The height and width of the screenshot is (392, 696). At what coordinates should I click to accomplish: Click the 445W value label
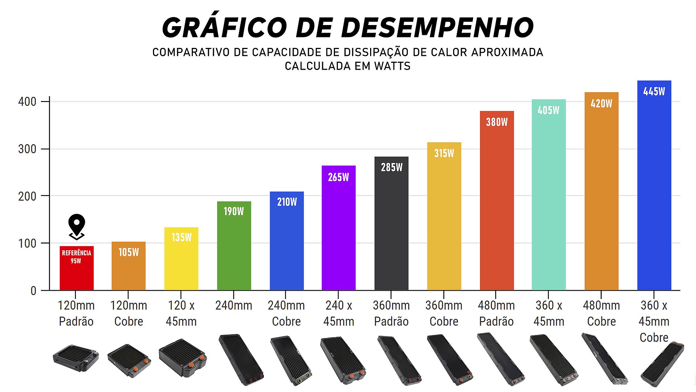pyautogui.click(x=654, y=91)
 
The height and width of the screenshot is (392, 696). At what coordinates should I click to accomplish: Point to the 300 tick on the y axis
pyautogui.click(x=27, y=149)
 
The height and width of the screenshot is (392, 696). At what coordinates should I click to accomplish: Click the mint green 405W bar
pyautogui.click(x=548, y=200)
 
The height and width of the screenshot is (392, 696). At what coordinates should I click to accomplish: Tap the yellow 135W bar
pyautogui.click(x=181, y=261)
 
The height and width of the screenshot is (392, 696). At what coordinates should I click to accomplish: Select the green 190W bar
pyautogui.click(x=234, y=250)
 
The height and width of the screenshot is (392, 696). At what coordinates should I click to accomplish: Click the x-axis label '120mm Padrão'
pyautogui.click(x=76, y=313)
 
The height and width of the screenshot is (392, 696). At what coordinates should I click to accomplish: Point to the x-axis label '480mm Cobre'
pyautogui.click(x=601, y=313)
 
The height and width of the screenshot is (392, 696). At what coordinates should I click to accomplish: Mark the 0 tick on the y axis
pyautogui.click(x=33, y=291)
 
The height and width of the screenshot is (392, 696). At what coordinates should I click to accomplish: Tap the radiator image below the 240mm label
pyautogui.click(x=241, y=359)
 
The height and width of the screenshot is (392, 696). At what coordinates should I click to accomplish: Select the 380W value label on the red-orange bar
pyautogui.click(x=497, y=122)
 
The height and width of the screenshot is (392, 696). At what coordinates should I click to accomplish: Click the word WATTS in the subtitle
pyautogui.click(x=393, y=66)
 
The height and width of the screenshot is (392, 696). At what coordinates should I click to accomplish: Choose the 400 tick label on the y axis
pyautogui.click(x=27, y=102)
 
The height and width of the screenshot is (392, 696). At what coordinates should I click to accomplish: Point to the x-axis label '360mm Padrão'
pyautogui.click(x=391, y=313)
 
